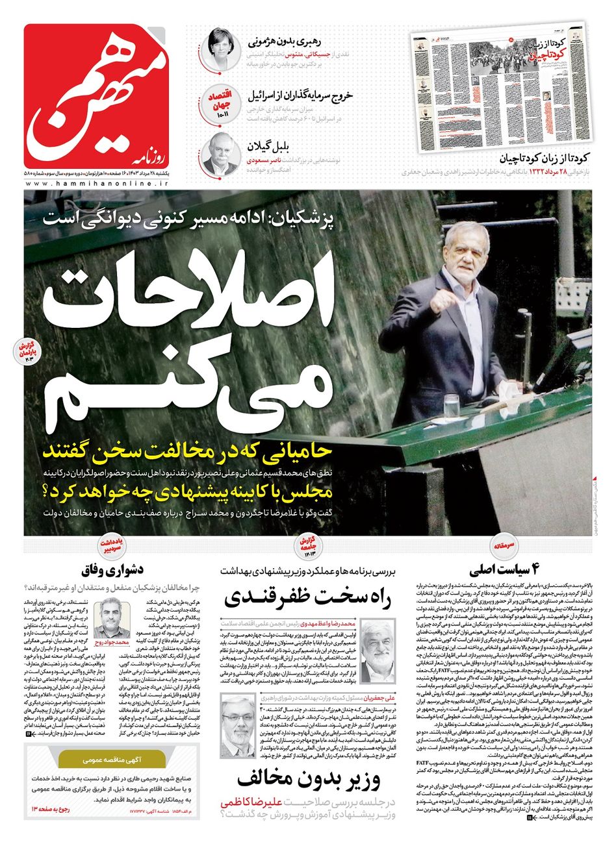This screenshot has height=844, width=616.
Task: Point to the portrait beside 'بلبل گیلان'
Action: pos(220,153)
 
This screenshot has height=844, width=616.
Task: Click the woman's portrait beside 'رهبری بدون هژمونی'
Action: pos(220,49)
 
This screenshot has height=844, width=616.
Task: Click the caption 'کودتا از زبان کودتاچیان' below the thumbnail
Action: pos(545,158)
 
